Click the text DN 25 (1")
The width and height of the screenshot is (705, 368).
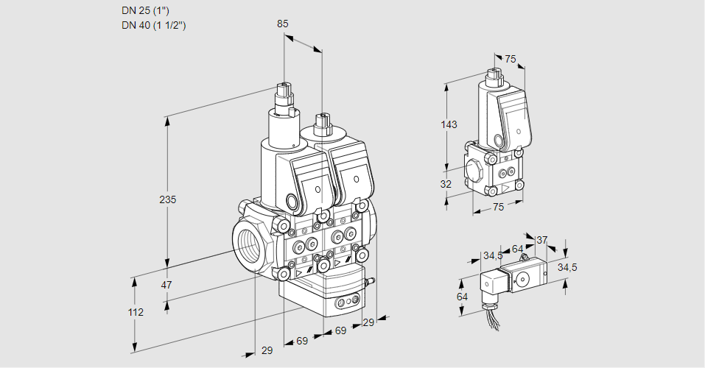pos(145,10)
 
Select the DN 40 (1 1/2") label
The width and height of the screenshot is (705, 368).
pos(153,25)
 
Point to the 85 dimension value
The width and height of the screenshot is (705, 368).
pos(282,24)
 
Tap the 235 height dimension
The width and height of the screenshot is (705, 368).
pos(169,199)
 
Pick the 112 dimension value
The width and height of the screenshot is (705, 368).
pos(136,312)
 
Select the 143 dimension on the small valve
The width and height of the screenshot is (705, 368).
pos(449,124)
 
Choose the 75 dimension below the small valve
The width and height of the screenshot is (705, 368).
pos(498,208)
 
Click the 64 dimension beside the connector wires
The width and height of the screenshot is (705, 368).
pos(462,296)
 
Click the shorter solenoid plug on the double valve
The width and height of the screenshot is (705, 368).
pos(321,126)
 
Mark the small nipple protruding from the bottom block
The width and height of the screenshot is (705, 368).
pos(371,280)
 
